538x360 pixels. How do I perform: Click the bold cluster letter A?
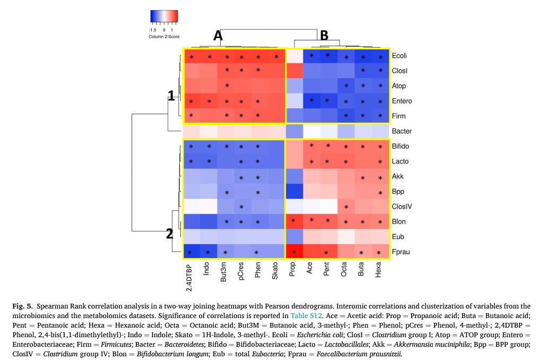click(x=218, y=36)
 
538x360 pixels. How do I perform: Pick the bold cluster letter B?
click(x=324, y=36)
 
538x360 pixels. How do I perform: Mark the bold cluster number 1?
click(x=171, y=96)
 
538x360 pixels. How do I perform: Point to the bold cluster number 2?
click(x=170, y=234)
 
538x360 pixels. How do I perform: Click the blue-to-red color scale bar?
click(x=164, y=17)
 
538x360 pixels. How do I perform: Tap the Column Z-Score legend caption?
click(x=164, y=37)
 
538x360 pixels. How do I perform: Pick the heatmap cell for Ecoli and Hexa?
click(x=380, y=56)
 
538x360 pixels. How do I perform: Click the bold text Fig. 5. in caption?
click(x=22, y=306)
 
